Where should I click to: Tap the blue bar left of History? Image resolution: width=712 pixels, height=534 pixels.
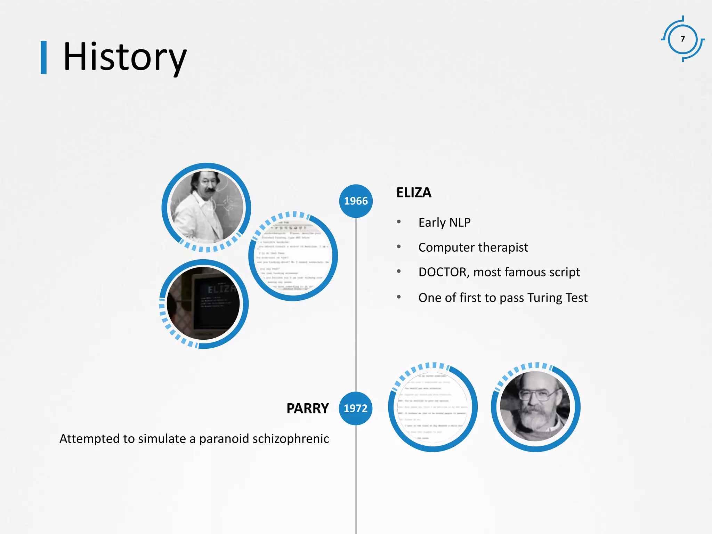tap(44, 57)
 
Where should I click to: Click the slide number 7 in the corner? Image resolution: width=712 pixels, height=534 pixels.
tap(683, 39)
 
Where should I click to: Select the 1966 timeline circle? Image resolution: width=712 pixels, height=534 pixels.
tap(356, 201)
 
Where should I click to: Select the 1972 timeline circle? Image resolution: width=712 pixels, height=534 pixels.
tap(355, 408)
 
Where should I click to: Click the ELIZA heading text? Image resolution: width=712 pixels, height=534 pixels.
tap(414, 193)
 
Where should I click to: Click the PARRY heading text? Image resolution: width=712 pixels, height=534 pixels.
tap(307, 408)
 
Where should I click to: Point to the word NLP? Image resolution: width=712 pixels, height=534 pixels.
tap(460, 222)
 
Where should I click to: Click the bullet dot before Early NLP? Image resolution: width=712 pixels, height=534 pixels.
tap(399, 222)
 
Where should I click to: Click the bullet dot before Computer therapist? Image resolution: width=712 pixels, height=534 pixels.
tap(399, 247)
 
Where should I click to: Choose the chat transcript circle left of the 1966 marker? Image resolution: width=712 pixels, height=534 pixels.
tap(293, 257)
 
